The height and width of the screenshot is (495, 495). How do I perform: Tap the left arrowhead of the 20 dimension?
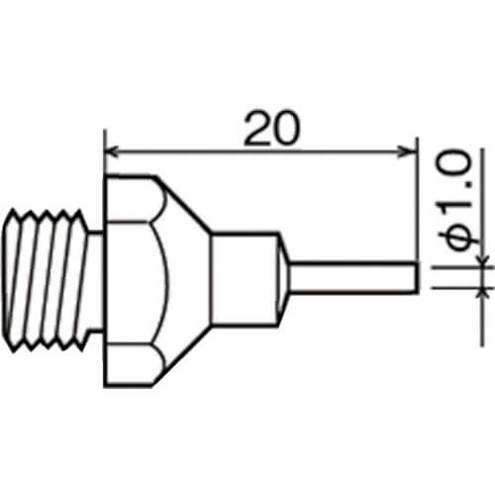pyautogui.click(x=111, y=152)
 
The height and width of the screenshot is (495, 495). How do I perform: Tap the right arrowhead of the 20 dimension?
pyautogui.click(x=409, y=152)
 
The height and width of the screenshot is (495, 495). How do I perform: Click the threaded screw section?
pyautogui.click(x=47, y=280)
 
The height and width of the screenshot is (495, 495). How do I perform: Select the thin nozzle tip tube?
pyautogui.click(x=353, y=277)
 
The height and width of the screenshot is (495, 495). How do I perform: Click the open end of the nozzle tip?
pyautogui.click(x=417, y=277)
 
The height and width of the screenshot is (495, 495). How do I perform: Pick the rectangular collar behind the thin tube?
pyautogui.click(x=245, y=280)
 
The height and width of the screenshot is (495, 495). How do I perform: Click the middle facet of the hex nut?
pyautogui.click(x=136, y=283)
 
